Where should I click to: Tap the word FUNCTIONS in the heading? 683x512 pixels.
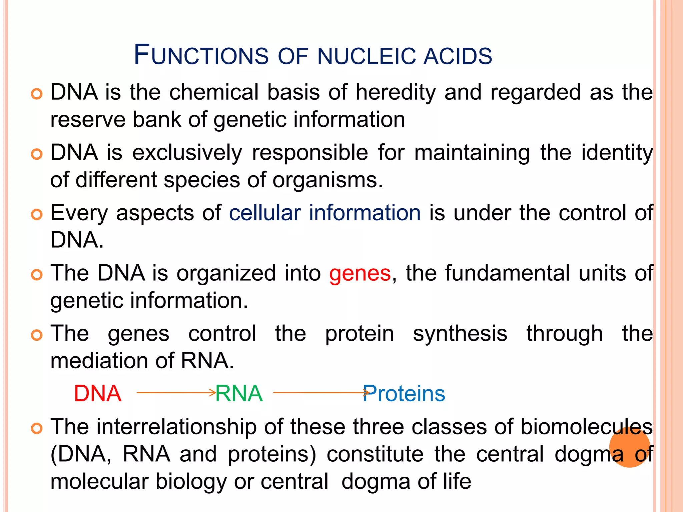pos(201,55)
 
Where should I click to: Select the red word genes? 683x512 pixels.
pos(360,273)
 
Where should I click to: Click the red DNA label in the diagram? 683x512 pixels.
pos(97,393)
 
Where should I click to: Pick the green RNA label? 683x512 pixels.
pos(239,393)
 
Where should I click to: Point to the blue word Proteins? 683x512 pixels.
pos(404,393)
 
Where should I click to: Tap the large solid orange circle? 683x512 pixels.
pos(629,447)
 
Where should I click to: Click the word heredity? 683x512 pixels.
pos(396,92)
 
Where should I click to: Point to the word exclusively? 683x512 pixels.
pos(187,153)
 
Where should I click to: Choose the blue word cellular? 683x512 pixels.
pos(265,213)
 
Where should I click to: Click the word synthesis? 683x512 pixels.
pos(460,334)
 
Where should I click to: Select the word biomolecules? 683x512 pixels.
pos(586,427)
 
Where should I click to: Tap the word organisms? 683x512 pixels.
pos(327,180)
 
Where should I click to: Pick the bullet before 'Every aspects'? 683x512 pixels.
pos(37,214)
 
